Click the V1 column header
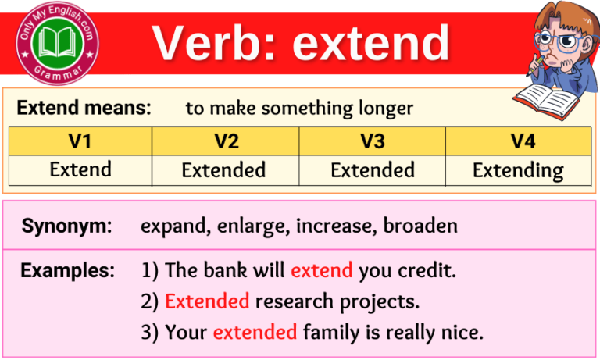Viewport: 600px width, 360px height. (x=80, y=141)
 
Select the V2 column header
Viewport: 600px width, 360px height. (x=226, y=141)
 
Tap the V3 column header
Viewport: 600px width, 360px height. (x=372, y=141)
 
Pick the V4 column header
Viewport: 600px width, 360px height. (x=517, y=141)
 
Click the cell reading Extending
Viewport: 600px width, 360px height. (x=517, y=170)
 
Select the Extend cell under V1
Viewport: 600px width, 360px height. (x=80, y=169)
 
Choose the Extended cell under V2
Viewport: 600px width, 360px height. (x=226, y=169)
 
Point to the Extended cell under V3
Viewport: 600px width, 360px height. (x=372, y=169)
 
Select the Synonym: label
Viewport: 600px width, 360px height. (x=66, y=226)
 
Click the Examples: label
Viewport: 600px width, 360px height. (x=67, y=271)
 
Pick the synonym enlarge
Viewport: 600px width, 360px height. (x=244, y=226)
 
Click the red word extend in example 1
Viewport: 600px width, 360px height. (x=321, y=271)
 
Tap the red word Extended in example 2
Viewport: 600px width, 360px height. (x=207, y=301)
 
